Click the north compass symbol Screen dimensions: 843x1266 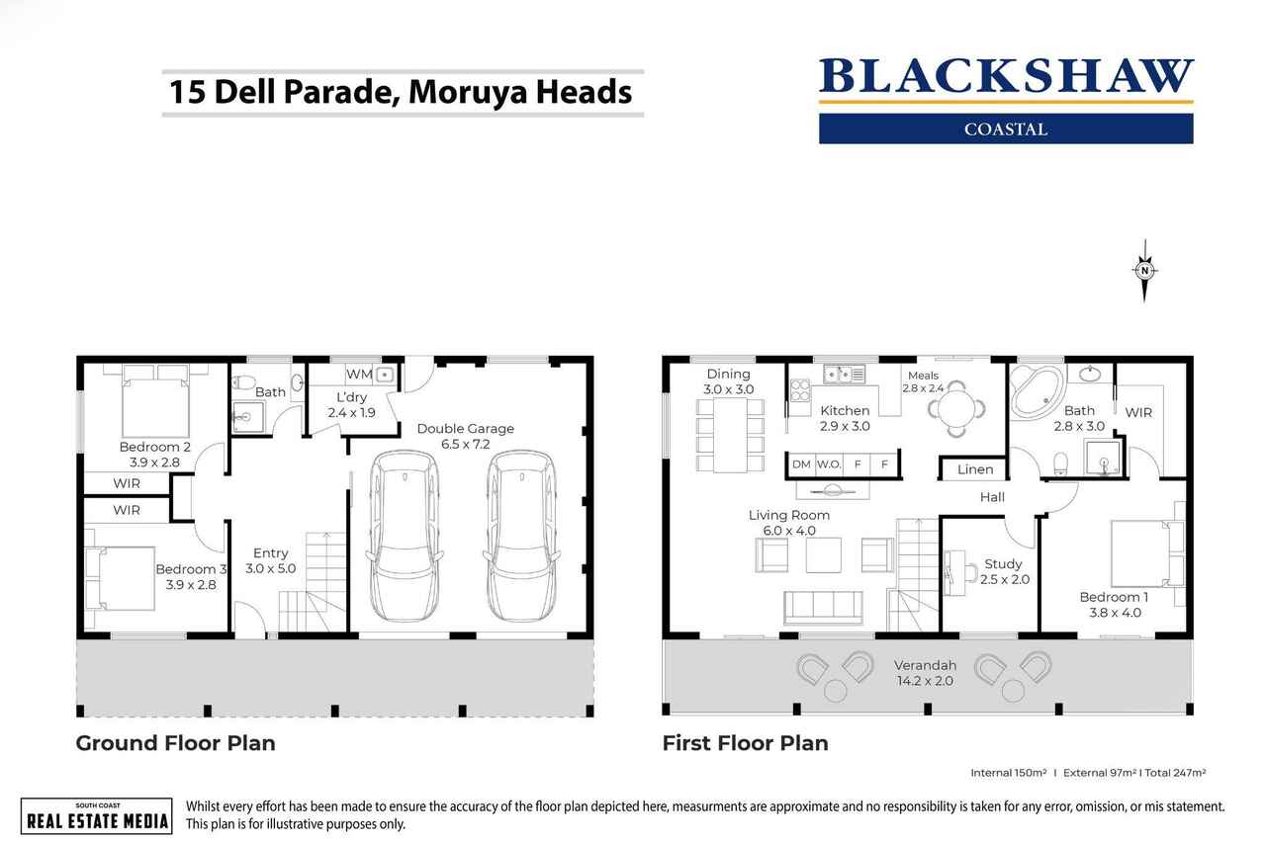(1144, 270)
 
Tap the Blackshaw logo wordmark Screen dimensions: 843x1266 (1006, 78)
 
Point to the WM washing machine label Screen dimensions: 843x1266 (358, 375)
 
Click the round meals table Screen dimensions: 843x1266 (956, 408)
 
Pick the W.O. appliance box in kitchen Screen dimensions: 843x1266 (828, 464)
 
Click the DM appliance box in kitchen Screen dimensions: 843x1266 (801, 464)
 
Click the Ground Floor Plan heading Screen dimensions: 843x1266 (175, 743)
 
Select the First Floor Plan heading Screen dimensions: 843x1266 (745, 743)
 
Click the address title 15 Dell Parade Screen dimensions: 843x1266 (401, 92)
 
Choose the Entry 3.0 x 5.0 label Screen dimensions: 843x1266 (270, 560)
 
